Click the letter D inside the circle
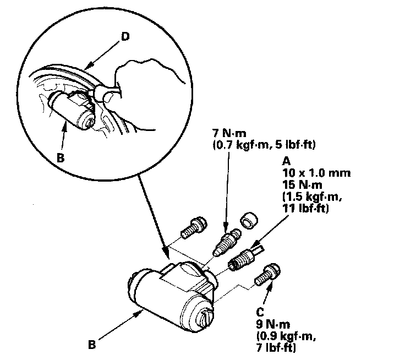coord(125,36)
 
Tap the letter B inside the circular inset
coord(61,157)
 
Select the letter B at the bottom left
coord(91,346)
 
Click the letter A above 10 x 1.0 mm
coord(286,161)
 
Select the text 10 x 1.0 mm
coord(316,172)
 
